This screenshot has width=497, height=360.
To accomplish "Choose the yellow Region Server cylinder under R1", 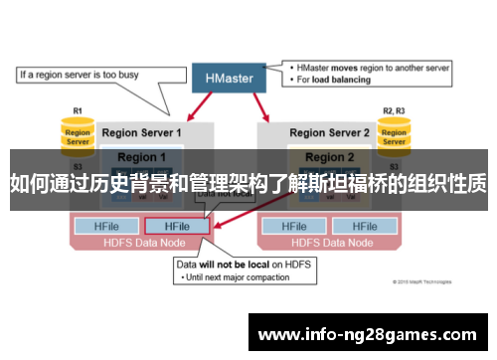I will click(77, 135).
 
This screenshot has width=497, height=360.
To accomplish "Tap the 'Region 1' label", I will click(141, 157).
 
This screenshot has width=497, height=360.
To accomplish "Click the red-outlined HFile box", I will click(177, 226).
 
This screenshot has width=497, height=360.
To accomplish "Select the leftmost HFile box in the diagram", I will click(108, 226).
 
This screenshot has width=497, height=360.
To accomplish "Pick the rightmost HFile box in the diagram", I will click(364, 226).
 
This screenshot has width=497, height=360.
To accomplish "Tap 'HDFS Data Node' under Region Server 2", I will click(329, 242).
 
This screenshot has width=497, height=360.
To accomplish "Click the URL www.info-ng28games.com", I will click(367, 333).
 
